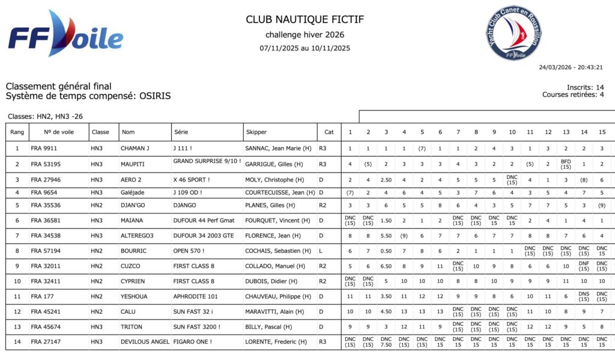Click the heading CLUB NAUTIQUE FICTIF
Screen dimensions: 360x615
304,20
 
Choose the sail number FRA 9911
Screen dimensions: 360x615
44,148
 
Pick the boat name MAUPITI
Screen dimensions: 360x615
133,164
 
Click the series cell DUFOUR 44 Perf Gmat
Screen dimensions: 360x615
204,221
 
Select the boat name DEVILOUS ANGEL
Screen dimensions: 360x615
144,342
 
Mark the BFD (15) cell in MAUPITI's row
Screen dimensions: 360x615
566,164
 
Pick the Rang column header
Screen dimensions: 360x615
17,132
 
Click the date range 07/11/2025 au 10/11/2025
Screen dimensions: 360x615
304,48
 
